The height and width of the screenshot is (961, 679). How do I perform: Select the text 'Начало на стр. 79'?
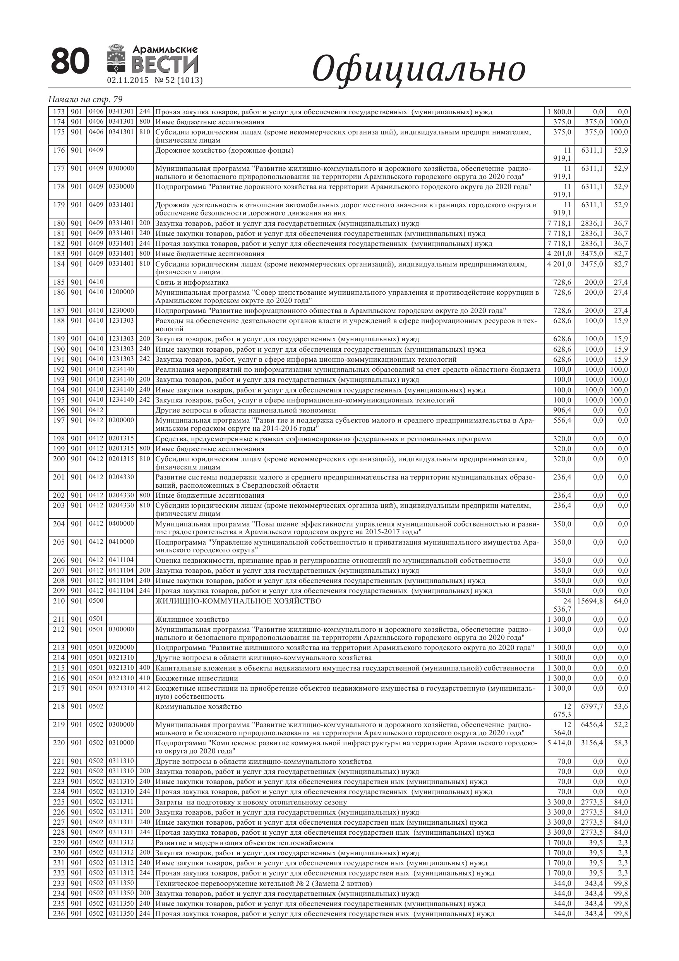[x=85, y=99]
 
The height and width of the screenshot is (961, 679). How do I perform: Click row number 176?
[x=59, y=150]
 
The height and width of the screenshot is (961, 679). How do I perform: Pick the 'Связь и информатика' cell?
[x=192, y=282]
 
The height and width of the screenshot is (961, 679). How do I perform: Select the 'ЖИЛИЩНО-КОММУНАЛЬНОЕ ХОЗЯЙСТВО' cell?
[x=238, y=601]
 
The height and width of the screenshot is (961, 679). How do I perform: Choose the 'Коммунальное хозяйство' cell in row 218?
[x=199, y=707]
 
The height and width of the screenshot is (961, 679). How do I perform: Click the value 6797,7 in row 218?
[x=592, y=707]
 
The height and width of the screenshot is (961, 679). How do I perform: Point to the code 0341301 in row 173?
[x=121, y=112]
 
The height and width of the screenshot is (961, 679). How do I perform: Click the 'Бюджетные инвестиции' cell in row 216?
[x=197, y=678]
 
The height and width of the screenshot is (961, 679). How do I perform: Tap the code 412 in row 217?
[x=144, y=688]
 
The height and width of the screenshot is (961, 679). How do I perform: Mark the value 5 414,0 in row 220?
[x=559, y=743]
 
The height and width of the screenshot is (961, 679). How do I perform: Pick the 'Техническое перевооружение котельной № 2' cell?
[x=264, y=884]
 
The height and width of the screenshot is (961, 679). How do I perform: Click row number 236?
[x=59, y=914]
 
